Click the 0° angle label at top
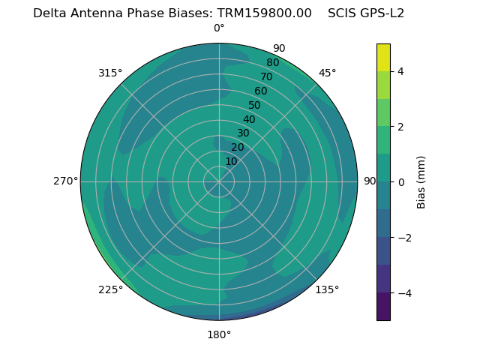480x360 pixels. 219,28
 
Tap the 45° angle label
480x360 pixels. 327,73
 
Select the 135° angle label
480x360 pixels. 327,289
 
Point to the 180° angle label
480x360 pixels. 219,334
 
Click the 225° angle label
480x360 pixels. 110,290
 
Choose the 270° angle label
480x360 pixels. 65,181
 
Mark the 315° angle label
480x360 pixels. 110,73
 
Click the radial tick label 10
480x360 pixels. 231,161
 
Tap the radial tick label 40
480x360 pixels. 249,119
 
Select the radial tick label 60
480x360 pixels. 260,91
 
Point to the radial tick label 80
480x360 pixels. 272,62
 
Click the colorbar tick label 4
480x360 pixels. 401,71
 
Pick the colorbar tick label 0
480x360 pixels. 401,182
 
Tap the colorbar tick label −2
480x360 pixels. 404,238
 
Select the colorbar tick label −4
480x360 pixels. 404,293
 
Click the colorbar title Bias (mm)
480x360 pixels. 421,181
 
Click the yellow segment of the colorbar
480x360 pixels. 383,57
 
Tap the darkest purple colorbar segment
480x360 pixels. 383,307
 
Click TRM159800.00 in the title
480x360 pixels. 264,13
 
